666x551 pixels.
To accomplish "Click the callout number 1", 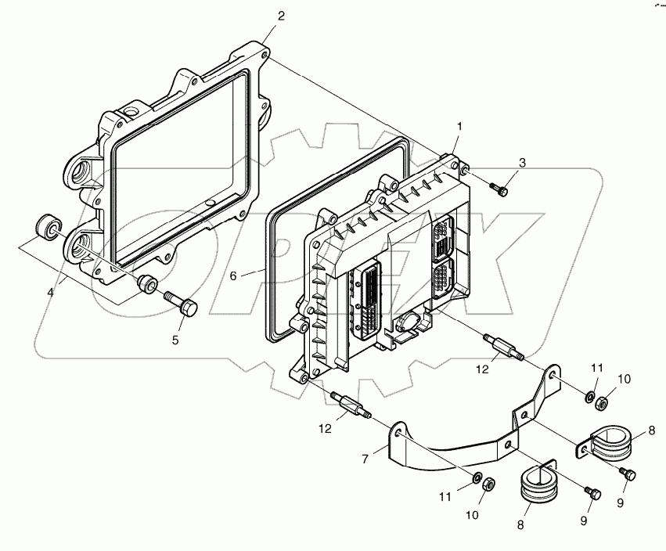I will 460,126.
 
